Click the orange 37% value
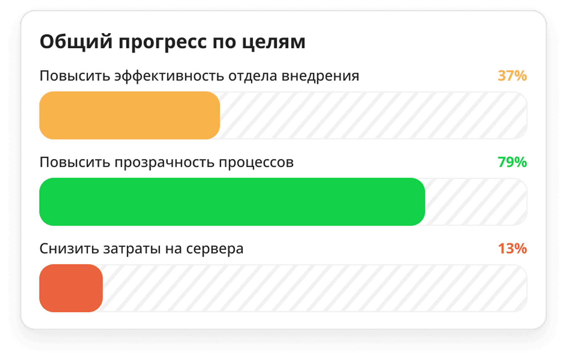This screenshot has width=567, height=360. (512, 76)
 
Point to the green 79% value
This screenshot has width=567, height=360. (512, 162)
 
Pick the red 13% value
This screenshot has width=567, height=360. (512, 248)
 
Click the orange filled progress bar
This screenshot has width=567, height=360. (130, 115)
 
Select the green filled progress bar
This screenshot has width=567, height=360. (232, 202)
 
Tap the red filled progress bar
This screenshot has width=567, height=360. (71, 288)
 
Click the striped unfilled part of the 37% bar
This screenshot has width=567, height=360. (373, 115)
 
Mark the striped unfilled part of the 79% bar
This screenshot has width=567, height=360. (475, 202)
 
